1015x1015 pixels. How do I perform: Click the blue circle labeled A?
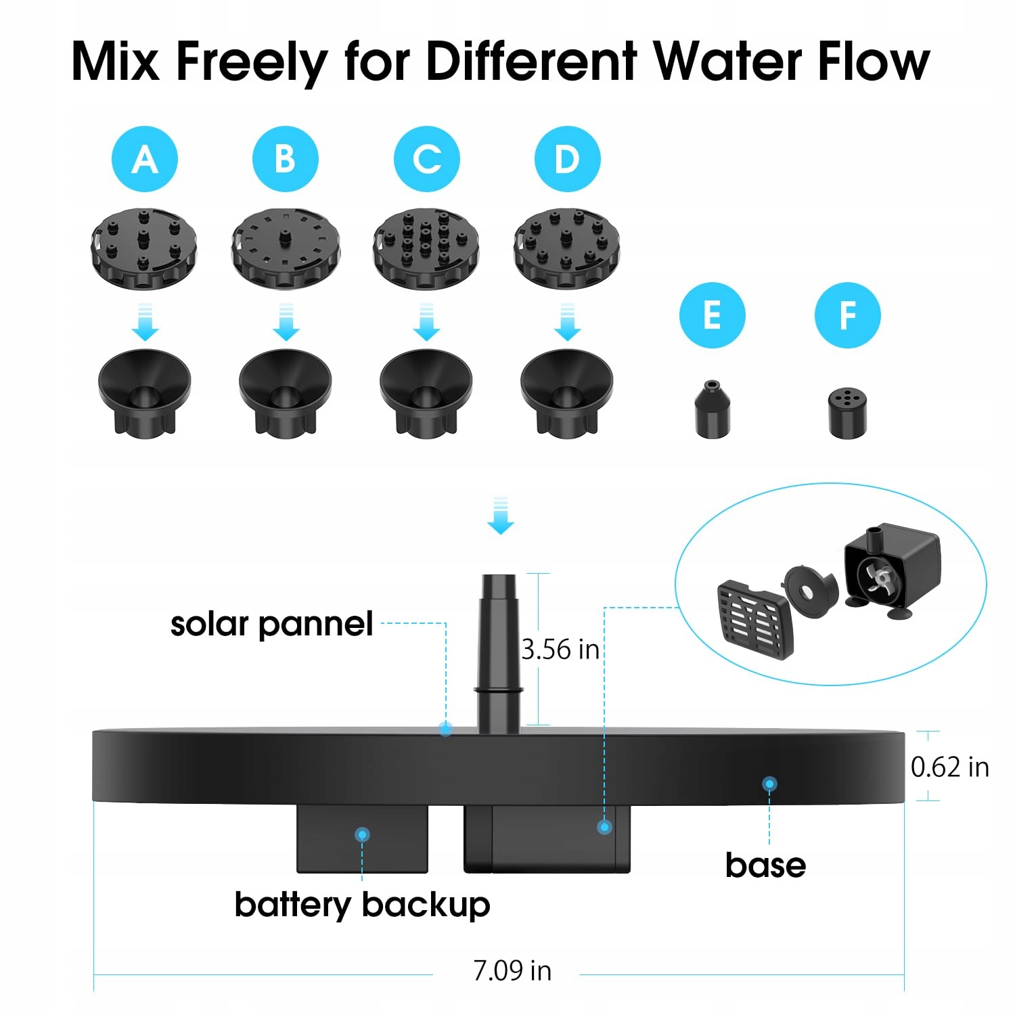point(145,159)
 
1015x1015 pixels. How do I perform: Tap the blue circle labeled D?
point(567,159)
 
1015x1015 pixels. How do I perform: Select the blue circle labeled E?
point(712,315)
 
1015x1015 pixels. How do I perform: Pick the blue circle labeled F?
point(847,315)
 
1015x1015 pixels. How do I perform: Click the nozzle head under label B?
point(286,248)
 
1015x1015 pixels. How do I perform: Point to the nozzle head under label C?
point(426,248)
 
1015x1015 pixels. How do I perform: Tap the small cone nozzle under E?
point(713,409)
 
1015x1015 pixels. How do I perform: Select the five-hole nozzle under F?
point(847,413)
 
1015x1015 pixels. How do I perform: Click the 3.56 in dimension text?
point(560,650)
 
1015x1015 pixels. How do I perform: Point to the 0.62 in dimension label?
point(950,767)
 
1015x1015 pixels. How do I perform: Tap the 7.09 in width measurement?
point(512,971)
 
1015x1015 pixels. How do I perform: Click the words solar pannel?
point(271,625)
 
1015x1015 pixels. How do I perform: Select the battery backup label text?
point(362,905)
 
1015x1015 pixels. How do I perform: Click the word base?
point(765,865)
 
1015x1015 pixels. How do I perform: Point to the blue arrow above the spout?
point(501,516)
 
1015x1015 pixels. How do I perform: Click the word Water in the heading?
point(728,62)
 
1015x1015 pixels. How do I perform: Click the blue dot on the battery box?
point(362,834)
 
